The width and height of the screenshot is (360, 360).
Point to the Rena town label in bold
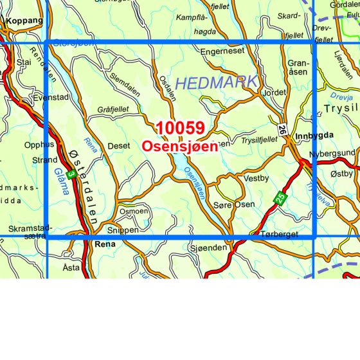(104, 244)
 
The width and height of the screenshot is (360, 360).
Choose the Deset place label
(119, 147)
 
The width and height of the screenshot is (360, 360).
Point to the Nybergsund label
(332, 153)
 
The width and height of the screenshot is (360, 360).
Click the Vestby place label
(256, 179)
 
